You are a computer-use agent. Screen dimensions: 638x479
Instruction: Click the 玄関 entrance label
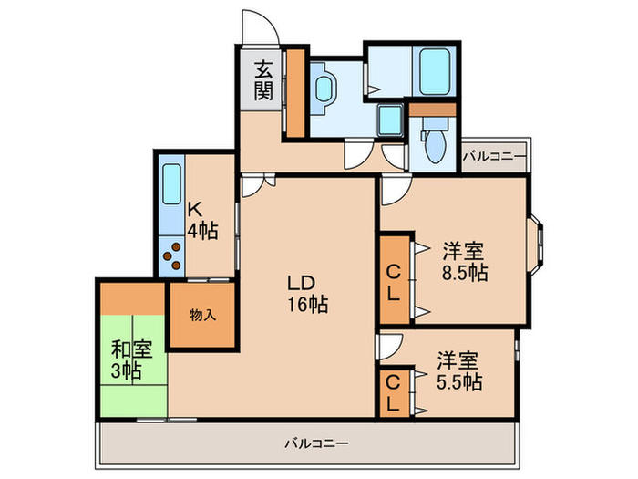(263, 80)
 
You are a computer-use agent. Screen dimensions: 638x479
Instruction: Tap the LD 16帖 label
(308, 293)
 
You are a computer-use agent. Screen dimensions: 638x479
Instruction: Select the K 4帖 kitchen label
(202, 221)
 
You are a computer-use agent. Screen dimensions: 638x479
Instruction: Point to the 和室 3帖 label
(131, 359)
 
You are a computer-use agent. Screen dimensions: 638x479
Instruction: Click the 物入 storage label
(202, 315)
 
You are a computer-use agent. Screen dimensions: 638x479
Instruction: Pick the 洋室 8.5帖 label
(465, 262)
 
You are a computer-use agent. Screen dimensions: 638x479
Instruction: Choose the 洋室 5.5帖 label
(459, 371)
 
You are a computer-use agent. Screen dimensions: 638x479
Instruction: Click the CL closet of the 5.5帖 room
(393, 393)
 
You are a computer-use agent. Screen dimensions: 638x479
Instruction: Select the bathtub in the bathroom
(435, 72)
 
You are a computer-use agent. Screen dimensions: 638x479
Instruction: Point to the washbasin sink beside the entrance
(324, 89)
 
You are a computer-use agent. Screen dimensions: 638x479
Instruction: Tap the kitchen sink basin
(171, 183)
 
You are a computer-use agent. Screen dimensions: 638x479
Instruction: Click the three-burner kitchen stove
(171, 256)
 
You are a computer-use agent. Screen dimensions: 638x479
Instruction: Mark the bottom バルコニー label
(316, 443)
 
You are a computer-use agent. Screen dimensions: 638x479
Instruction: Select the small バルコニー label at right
(494, 156)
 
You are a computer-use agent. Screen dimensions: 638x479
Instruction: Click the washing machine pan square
(391, 120)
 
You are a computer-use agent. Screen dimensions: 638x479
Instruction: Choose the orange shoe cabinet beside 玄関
(296, 93)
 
